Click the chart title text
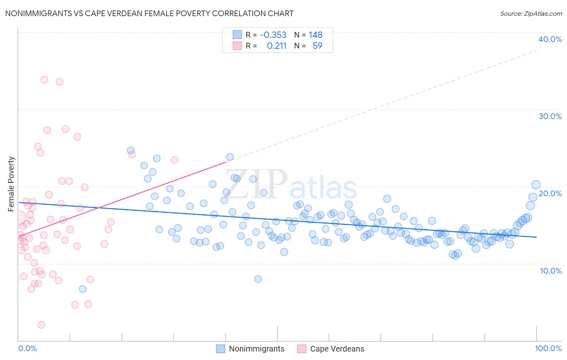click(149, 13)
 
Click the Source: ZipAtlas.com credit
click(531, 13)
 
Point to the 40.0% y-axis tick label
click(550, 39)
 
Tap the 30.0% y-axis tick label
click(550, 116)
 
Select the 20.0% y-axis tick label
click(550, 193)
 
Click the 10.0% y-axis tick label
click(551, 271)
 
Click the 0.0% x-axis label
click(27, 348)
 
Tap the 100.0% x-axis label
click(548, 348)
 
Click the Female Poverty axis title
click(11, 184)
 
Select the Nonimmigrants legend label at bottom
click(256, 349)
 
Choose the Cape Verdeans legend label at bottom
click(337, 349)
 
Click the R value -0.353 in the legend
click(273, 35)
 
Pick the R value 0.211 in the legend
click(277, 46)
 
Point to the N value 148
click(315, 35)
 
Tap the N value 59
click(317, 46)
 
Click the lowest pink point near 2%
click(41, 325)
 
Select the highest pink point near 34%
click(44, 80)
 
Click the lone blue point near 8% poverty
click(258, 279)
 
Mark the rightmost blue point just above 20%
click(536, 185)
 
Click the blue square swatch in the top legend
click(237, 35)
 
